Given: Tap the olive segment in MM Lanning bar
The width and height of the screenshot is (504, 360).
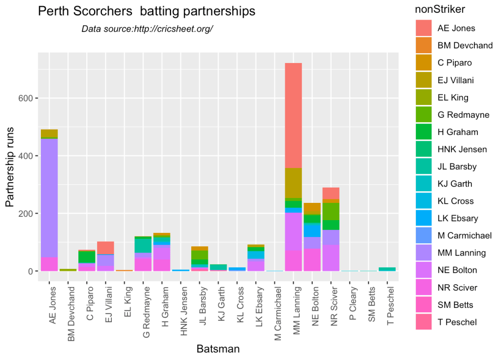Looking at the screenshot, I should pos(294,183).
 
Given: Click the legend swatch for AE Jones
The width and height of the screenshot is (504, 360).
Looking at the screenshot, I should pos(424,28).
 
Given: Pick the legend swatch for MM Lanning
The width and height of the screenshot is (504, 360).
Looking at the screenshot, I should pos(424,253).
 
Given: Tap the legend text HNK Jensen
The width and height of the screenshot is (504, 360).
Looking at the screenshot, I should pos(462,149).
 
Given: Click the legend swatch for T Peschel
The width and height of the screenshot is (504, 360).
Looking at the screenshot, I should pos(424,322).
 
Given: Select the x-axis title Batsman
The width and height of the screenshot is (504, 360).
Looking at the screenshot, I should pos(218,349).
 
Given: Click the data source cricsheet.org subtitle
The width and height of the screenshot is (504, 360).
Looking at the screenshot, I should pos(147,29).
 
